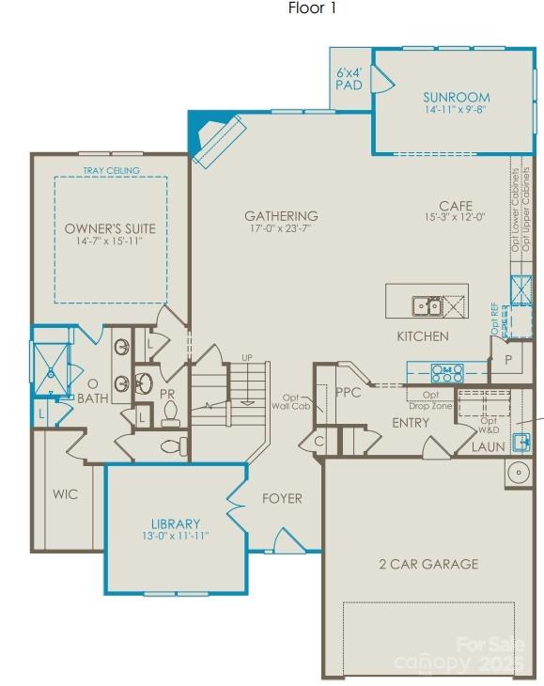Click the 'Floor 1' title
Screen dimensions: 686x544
(311, 9)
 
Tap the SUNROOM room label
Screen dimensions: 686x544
(456, 97)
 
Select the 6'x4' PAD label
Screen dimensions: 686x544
(349, 78)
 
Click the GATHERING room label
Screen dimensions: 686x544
(281, 215)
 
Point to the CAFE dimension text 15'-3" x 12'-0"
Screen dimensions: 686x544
(454, 218)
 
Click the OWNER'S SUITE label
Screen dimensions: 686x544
(110, 228)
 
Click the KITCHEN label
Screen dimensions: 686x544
(422, 335)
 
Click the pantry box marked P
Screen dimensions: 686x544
(508, 360)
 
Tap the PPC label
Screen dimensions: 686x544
(348, 393)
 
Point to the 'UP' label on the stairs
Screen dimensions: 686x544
(247, 358)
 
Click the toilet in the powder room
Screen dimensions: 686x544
(171, 414)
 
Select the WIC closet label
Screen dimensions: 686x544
(65, 494)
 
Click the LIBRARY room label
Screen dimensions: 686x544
(176, 523)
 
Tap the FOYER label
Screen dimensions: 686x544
(282, 498)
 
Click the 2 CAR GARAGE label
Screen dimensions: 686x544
(427, 564)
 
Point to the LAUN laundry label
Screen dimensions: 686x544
(488, 447)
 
